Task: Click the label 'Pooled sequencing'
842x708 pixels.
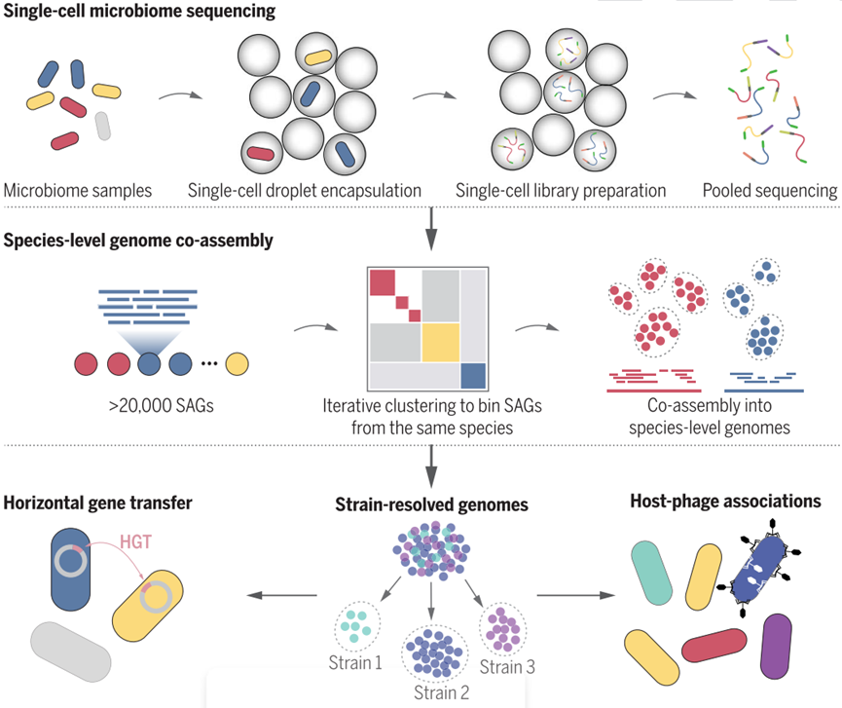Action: [x=770, y=190]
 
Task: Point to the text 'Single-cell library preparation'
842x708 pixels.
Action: [x=561, y=190]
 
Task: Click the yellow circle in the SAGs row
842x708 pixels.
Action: [x=237, y=364]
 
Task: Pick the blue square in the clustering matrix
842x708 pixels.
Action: [x=472, y=375]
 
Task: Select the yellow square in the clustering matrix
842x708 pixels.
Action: [x=439, y=342]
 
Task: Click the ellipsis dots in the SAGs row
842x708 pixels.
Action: [x=207, y=365]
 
